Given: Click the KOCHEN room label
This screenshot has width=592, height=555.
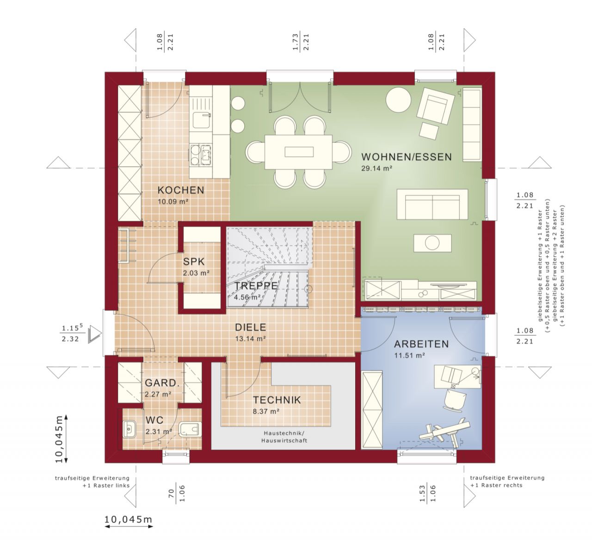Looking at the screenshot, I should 180,190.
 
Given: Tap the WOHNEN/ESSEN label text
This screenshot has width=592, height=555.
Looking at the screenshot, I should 406,157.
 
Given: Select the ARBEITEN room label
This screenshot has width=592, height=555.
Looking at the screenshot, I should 421,344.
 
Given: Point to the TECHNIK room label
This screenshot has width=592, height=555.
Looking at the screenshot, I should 277,400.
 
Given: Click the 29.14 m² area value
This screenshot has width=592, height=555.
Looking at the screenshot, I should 376,169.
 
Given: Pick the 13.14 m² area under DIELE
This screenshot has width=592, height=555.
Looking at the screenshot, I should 250,339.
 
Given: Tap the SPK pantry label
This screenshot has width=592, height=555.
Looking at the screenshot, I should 194,262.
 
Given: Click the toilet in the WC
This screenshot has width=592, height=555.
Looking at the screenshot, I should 190,429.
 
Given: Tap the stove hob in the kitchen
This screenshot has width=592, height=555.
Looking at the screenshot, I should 200,154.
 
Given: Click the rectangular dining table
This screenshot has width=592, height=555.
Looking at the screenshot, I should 298,152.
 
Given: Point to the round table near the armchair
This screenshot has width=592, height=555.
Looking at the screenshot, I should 398,100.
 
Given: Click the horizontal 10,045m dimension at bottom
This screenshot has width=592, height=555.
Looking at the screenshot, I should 128,519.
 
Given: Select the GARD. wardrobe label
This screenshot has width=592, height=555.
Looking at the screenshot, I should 161,383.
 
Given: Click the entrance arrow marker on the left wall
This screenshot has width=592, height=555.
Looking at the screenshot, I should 96,333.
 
